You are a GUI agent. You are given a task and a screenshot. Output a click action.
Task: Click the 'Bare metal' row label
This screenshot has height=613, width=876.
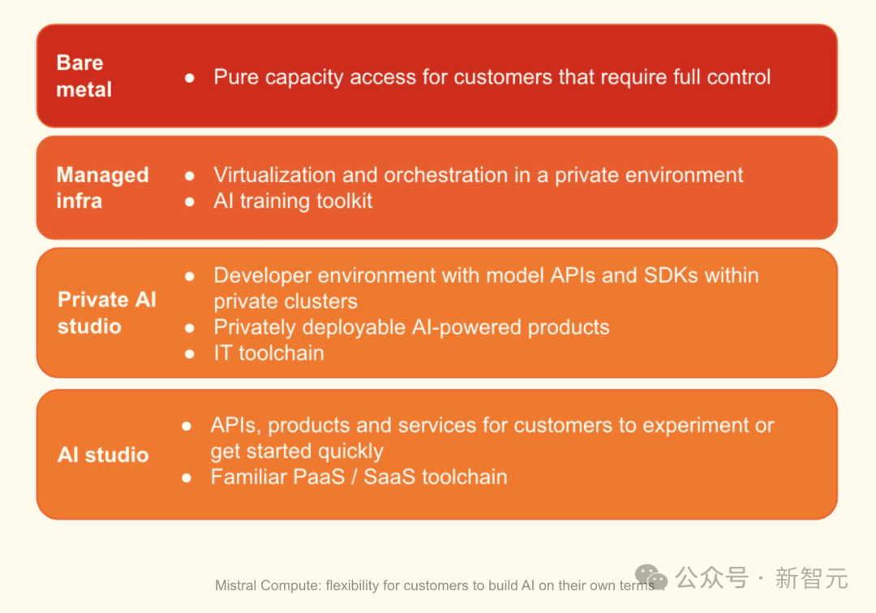pyautogui.click(x=84, y=76)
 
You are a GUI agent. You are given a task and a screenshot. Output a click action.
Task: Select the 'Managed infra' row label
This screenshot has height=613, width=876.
pyautogui.click(x=102, y=188)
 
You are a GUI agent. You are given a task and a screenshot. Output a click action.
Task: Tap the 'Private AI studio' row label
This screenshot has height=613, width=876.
pyautogui.click(x=107, y=313)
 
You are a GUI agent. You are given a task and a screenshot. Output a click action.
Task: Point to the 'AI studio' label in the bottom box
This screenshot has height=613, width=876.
pyautogui.click(x=103, y=455)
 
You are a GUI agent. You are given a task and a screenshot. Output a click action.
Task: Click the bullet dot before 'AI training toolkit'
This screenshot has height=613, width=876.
pyautogui.click(x=189, y=202)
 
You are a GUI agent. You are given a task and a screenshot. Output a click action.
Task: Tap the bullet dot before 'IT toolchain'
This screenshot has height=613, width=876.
pyautogui.click(x=189, y=354)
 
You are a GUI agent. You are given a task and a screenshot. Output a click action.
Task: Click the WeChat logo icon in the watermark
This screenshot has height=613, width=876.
pyautogui.click(x=651, y=577)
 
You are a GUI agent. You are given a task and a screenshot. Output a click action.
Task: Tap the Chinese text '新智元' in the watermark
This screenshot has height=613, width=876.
pyautogui.click(x=812, y=578)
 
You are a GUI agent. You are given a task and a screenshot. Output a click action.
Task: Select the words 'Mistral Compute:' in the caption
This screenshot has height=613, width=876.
pyautogui.click(x=268, y=585)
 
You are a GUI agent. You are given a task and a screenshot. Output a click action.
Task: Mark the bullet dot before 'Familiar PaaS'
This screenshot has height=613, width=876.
pyautogui.click(x=187, y=477)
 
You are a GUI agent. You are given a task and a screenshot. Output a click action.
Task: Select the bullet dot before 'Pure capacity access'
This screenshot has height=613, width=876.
pyautogui.click(x=189, y=78)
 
